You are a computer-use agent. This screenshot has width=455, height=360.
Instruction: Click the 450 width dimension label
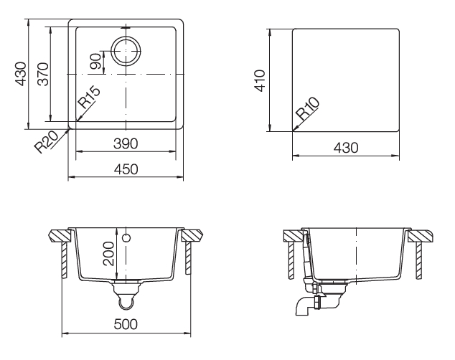pyautogui.click(x=126, y=169)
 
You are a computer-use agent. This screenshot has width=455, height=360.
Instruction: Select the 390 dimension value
pyautogui.click(x=126, y=143)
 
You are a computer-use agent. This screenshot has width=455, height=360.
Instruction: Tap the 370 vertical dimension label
pyautogui.click(x=44, y=74)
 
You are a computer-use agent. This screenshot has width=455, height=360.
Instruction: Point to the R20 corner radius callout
pyautogui.click(x=47, y=142)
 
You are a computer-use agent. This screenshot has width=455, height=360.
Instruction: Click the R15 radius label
pyautogui.click(x=89, y=98)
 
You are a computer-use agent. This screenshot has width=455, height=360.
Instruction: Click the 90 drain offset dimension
pyautogui.click(x=95, y=62)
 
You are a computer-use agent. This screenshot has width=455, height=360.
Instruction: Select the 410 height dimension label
pyautogui.click(x=260, y=80)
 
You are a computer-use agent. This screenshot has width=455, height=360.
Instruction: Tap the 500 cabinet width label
pyautogui.click(x=126, y=324)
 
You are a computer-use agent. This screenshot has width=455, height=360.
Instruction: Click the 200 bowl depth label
pyautogui.click(x=108, y=254)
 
